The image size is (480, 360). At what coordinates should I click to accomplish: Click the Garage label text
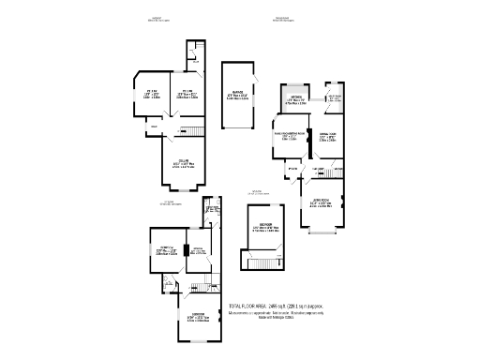pos(235,93)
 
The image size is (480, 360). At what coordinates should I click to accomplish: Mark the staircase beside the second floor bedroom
pos(262,263)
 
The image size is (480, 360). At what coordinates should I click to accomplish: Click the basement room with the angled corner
pos(149,91)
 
